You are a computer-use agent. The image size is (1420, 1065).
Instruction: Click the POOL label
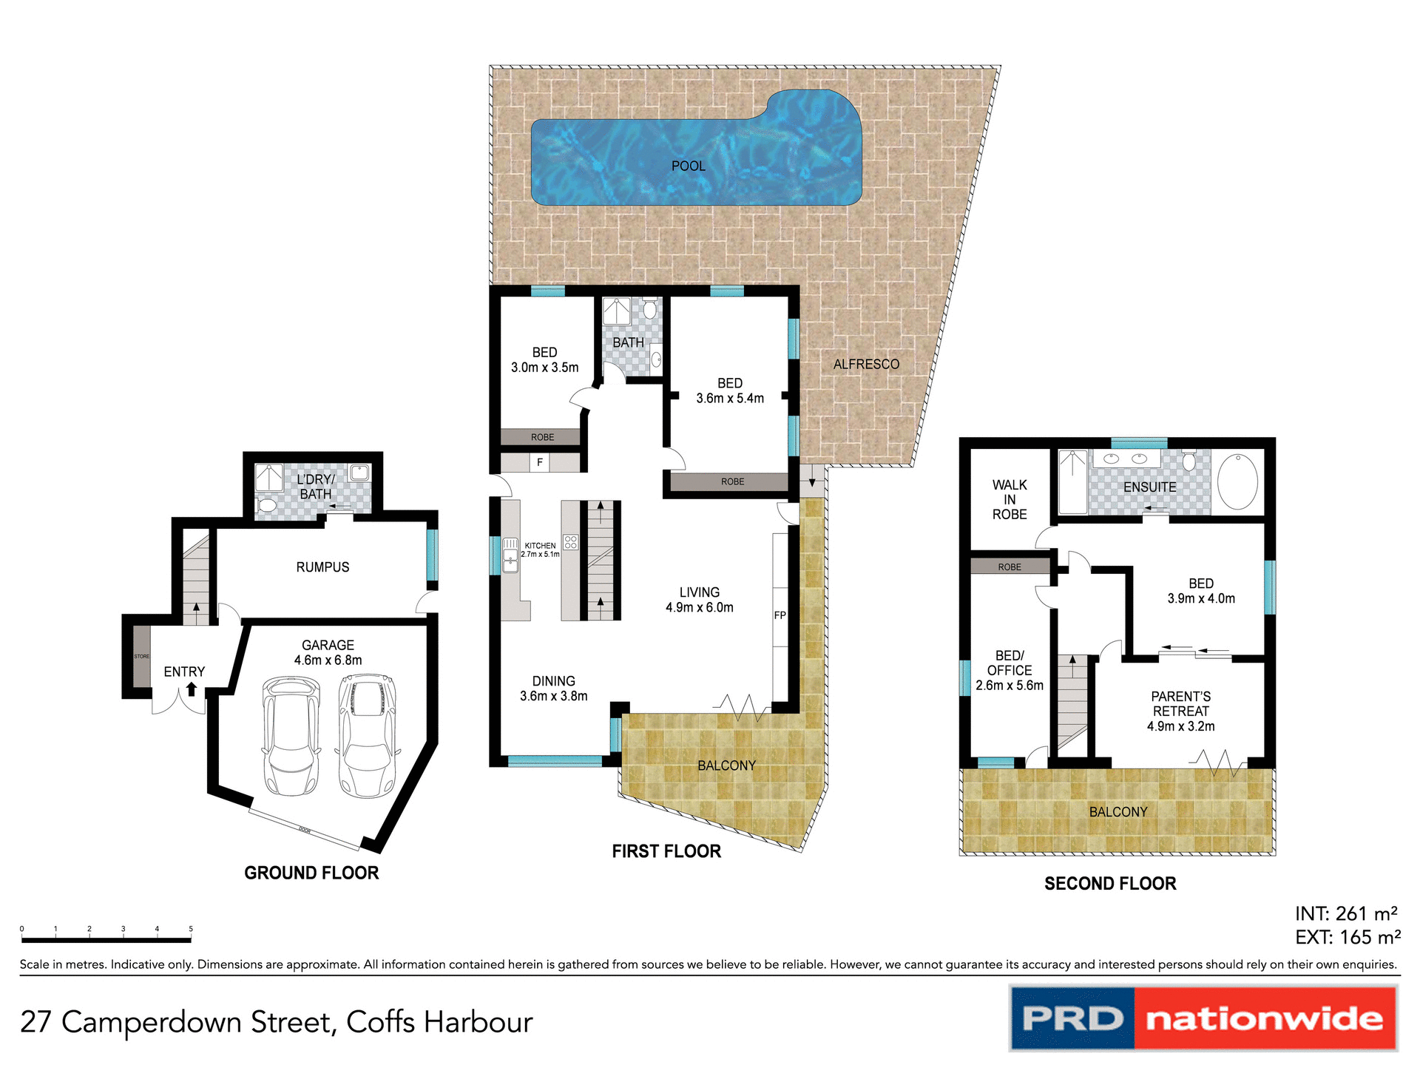688,166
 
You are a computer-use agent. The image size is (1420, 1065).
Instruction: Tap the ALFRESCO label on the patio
866,364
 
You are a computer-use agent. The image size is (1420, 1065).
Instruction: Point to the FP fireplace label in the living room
780,615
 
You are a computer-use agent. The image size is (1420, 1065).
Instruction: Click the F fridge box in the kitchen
540,463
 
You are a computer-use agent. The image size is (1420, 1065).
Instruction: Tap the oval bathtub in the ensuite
1237,481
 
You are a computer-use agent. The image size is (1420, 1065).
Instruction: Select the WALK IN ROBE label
1010,499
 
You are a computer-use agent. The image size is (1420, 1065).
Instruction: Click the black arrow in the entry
192,689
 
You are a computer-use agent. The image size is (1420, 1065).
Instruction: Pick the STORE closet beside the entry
141,656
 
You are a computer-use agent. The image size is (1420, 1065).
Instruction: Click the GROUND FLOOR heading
311,873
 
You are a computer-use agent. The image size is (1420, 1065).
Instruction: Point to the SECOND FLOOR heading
1109,883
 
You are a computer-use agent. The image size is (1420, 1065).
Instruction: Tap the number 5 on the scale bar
191,929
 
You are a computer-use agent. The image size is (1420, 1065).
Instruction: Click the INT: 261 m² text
1345,913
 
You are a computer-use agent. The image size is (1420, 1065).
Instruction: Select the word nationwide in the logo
1264,1019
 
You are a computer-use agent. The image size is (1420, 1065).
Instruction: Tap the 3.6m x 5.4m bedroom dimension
729,399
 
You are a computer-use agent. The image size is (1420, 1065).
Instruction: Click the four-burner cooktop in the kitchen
570,542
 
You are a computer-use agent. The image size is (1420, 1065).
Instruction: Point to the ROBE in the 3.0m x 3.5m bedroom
541,437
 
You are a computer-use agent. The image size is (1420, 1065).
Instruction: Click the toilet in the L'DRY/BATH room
266,506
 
